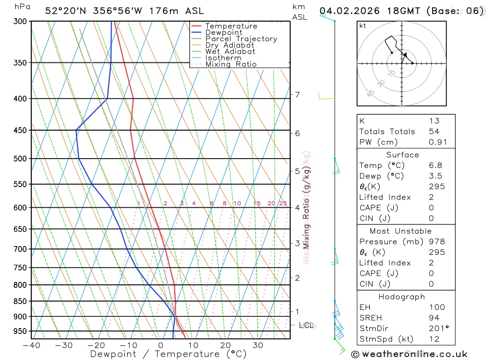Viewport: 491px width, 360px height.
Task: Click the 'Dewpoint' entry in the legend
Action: tap(223, 32)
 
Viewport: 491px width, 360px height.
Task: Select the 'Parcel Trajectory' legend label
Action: tap(241, 39)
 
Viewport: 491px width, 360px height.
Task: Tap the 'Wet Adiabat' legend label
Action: tap(230, 52)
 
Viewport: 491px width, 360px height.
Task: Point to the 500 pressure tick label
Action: tap(20, 159)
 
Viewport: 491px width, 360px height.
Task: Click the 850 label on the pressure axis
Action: tap(20, 301)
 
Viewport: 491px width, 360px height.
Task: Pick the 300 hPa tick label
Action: tap(20, 21)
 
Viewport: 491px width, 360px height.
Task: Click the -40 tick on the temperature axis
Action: tap(31, 345)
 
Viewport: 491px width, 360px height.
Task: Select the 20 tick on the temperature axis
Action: tap(225, 345)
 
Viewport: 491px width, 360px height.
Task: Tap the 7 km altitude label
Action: tap(297, 95)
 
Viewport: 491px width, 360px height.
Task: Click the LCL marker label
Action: tap(306, 325)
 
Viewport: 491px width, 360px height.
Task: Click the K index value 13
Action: tap(434, 121)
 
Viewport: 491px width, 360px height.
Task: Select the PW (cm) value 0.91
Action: tap(438, 142)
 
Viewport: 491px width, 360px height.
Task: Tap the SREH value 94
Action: tap(434, 318)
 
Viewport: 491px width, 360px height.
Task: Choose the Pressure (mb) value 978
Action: tap(436, 242)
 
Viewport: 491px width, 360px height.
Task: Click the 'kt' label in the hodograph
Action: tap(363, 26)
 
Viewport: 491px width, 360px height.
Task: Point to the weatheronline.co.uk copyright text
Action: tap(409, 354)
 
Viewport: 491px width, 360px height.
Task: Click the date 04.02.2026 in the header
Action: tap(345, 11)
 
